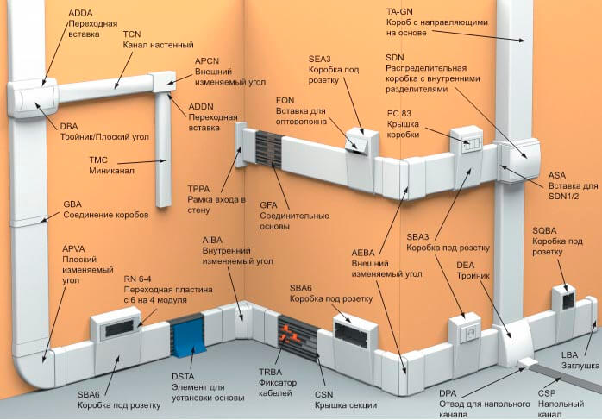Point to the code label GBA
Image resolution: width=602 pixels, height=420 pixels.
pyautogui.click(x=73, y=204)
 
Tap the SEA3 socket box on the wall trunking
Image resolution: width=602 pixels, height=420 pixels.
pyautogui.click(x=356, y=141)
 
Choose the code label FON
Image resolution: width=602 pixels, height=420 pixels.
pyautogui.click(x=285, y=100)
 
